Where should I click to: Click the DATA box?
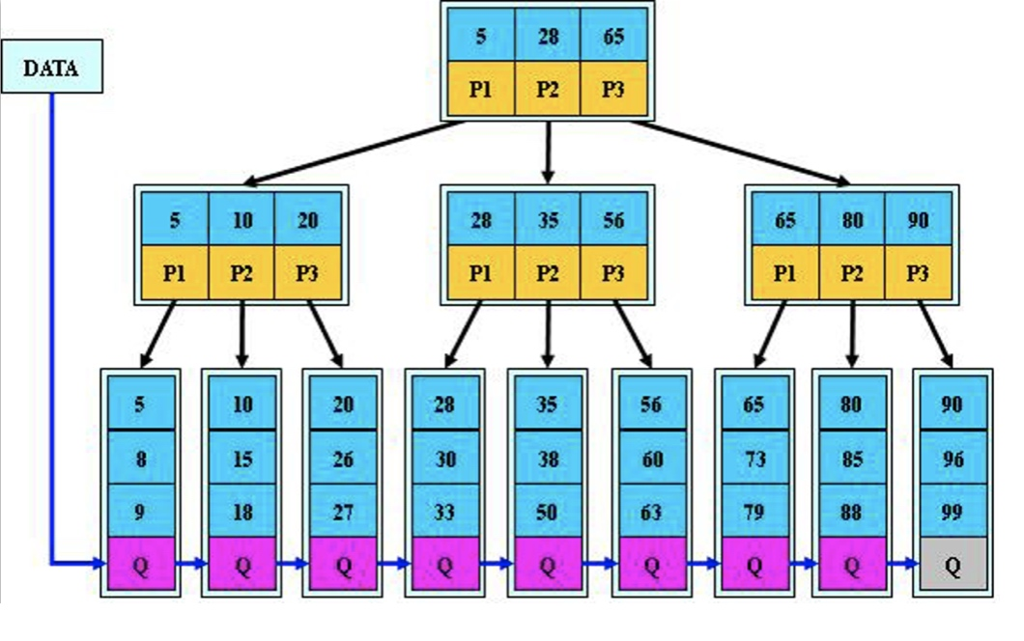point(51,67)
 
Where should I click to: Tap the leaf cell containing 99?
point(953,511)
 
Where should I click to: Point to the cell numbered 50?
point(548,511)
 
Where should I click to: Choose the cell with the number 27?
point(343,511)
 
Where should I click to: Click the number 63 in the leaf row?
point(651,511)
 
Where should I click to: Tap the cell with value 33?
point(444,511)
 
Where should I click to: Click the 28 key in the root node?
point(548,37)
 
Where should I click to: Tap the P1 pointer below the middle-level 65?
point(785,273)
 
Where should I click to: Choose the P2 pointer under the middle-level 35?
point(548,273)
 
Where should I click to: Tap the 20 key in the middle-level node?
point(307,220)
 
